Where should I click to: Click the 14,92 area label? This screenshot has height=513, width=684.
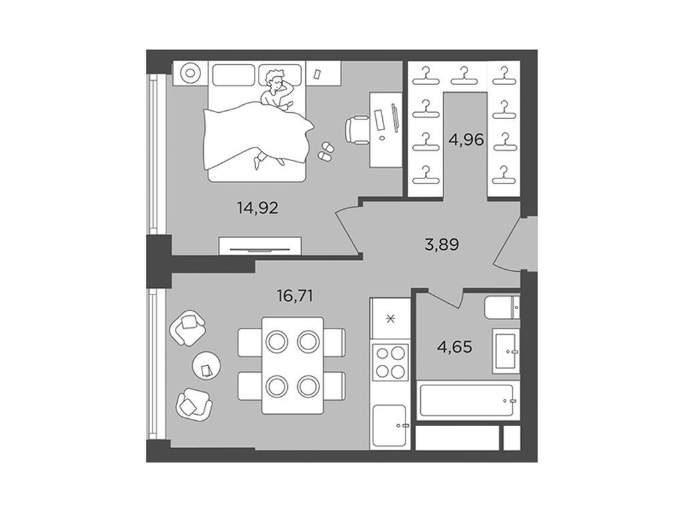258,208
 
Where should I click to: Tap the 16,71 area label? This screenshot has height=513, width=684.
295,297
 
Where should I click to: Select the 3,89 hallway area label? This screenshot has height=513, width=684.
442,244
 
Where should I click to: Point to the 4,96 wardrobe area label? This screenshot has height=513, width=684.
466,140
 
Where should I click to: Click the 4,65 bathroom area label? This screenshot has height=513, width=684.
454,347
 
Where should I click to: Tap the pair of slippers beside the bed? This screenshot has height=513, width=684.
325,150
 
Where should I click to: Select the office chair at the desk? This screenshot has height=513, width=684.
357,130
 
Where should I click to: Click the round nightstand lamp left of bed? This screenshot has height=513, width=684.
190,73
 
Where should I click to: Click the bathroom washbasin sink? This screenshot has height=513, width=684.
506,351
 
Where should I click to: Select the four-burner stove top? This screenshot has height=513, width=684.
390,361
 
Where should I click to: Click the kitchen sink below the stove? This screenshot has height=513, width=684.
390,425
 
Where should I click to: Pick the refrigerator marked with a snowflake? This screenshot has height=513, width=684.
390,319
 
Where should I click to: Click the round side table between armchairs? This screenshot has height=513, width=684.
206,365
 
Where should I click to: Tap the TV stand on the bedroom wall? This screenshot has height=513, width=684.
260,246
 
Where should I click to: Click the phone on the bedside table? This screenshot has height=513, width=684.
317,73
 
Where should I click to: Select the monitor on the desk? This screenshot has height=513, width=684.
395,117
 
